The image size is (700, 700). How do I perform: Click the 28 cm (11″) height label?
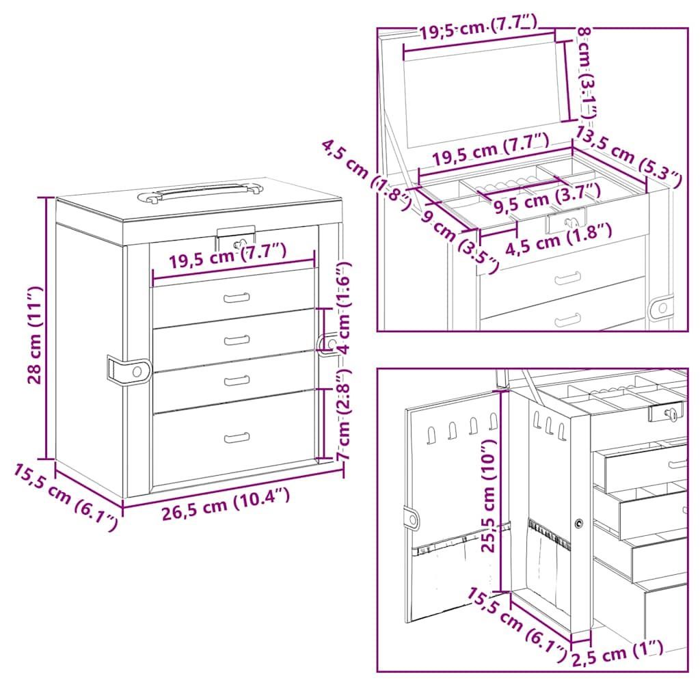coord(34,335)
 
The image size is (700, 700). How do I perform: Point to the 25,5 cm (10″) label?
coord(489,496)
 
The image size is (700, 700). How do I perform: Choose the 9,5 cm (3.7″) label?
coord(547,197)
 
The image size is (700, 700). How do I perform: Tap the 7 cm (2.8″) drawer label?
coord(343,414)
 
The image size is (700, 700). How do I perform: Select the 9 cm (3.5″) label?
coord(460,241)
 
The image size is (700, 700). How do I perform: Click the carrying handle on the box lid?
coord(199,191)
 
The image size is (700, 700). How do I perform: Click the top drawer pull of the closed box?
coord(237,297)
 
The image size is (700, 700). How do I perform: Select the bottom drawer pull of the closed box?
coord(237,437)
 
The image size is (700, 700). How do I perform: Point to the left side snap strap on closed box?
coord(129,370)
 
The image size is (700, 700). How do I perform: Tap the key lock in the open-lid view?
coord(567,221)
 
